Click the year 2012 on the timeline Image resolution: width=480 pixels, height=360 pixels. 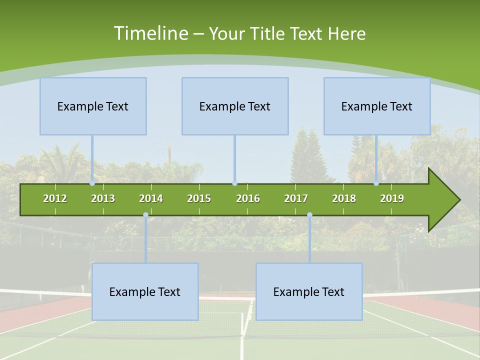click(x=55, y=198)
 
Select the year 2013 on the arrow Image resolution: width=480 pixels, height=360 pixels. click(x=103, y=198)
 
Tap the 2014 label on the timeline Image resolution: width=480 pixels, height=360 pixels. click(x=151, y=198)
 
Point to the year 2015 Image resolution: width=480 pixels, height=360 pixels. click(x=199, y=198)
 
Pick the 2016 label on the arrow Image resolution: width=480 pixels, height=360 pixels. click(x=248, y=198)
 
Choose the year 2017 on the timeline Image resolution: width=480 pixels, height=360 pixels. click(x=296, y=198)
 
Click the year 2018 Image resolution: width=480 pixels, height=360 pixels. click(x=344, y=198)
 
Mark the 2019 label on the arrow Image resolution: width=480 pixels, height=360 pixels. click(x=392, y=198)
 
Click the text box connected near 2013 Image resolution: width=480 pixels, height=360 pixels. click(x=93, y=106)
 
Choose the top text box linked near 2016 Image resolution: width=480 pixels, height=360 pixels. click(x=235, y=106)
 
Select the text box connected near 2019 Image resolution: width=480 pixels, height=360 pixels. click(x=377, y=106)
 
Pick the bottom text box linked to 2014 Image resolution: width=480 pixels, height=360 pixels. click(x=145, y=291)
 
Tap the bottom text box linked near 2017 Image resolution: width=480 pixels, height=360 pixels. click(x=309, y=291)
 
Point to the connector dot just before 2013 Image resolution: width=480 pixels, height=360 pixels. click(x=92, y=183)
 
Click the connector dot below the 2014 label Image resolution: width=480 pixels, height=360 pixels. click(x=145, y=215)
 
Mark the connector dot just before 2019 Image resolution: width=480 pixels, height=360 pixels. click(x=376, y=183)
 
